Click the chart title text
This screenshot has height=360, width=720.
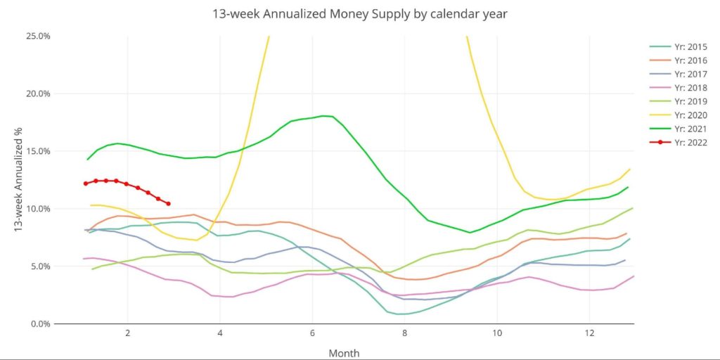point(360,13)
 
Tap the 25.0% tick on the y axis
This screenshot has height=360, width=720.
point(37,36)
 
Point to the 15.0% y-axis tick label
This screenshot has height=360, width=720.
point(37,151)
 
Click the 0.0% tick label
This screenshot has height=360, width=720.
point(39,324)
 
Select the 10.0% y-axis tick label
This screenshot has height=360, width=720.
point(37,209)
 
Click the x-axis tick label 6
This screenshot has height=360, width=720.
point(312,333)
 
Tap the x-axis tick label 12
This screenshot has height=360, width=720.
point(589,333)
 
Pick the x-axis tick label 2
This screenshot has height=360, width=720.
point(128,333)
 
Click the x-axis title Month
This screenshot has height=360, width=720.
point(344,352)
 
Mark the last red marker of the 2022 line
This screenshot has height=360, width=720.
point(168,204)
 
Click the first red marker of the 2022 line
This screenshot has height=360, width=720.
point(86,184)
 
